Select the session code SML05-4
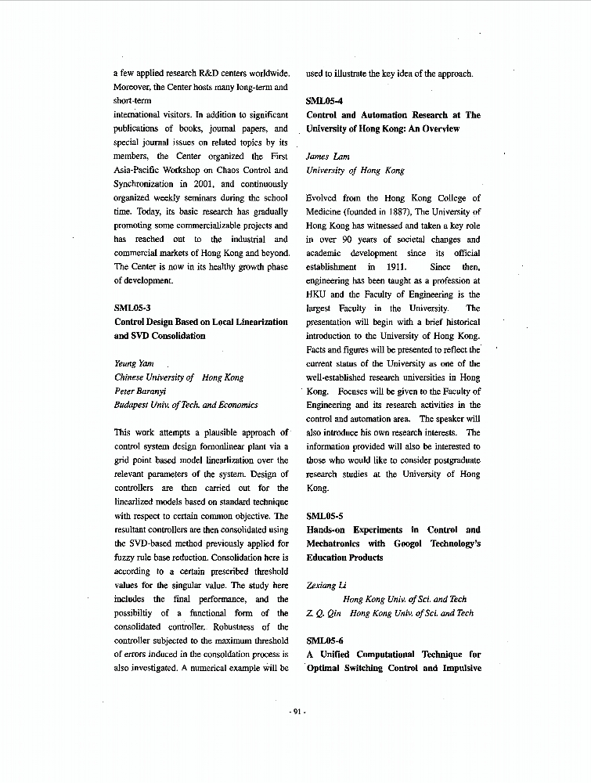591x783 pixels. tap(324, 101)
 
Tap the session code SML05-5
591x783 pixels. tap(324, 516)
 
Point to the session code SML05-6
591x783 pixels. tap(324, 640)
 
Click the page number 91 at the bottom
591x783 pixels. tap(297, 711)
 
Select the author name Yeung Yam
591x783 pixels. tap(134, 363)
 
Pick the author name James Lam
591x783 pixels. tap(327, 157)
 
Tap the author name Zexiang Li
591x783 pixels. tap(326, 585)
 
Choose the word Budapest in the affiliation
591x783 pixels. tap(132, 405)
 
